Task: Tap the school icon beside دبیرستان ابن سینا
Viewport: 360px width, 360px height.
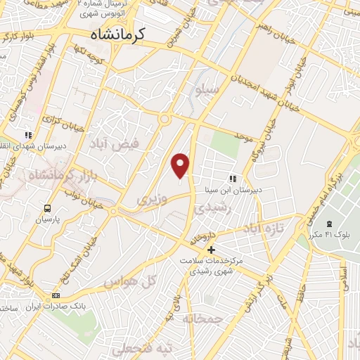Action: pyautogui.click(x=233, y=179)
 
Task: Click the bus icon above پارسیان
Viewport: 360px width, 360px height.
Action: pyautogui.click(x=47, y=209)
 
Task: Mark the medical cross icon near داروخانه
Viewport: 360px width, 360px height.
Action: pyautogui.click(x=210, y=250)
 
